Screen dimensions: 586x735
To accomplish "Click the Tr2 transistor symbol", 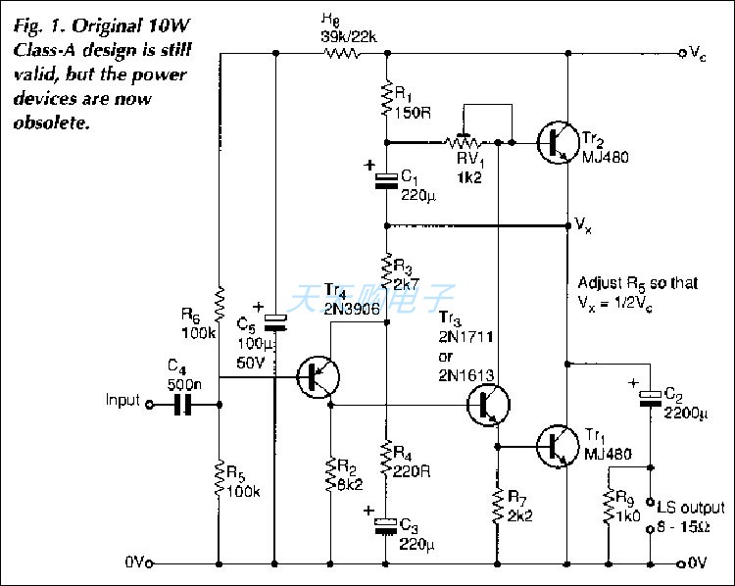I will coord(557,143).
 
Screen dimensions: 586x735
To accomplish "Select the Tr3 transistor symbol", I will coord(486,403).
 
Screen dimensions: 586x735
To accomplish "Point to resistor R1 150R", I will coord(387,99).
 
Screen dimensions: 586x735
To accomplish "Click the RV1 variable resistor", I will coord(463,142).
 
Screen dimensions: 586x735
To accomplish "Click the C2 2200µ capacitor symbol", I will coord(650,396).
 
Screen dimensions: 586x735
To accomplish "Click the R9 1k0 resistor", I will coord(609,509).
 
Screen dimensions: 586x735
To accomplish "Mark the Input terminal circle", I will coord(149,402).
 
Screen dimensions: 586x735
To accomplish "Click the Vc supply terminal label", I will coord(697,54).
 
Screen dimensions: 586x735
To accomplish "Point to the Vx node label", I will coord(582,226).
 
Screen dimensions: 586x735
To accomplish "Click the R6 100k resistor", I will coord(218,304).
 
